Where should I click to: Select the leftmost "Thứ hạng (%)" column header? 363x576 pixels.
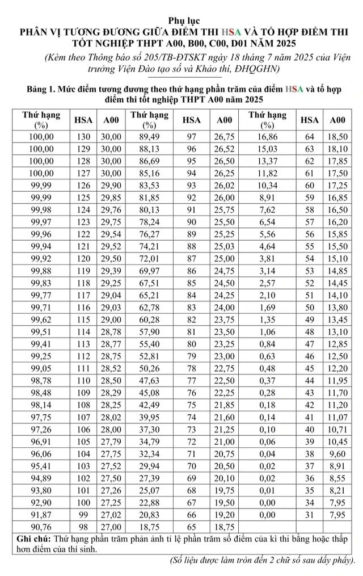(41, 120)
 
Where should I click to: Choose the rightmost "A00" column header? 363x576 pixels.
(337, 120)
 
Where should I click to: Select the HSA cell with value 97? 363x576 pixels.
(191, 137)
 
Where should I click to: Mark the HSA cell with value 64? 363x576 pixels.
(309, 137)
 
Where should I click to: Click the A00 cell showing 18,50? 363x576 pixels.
(337, 137)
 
